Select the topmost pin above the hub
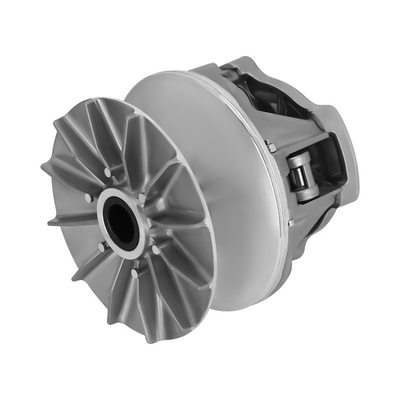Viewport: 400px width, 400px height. (107, 173)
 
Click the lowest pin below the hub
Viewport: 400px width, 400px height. (135, 273)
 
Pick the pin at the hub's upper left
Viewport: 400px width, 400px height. (89, 198)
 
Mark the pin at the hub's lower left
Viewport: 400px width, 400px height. (101, 247)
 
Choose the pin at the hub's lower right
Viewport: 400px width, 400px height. (155, 249)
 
